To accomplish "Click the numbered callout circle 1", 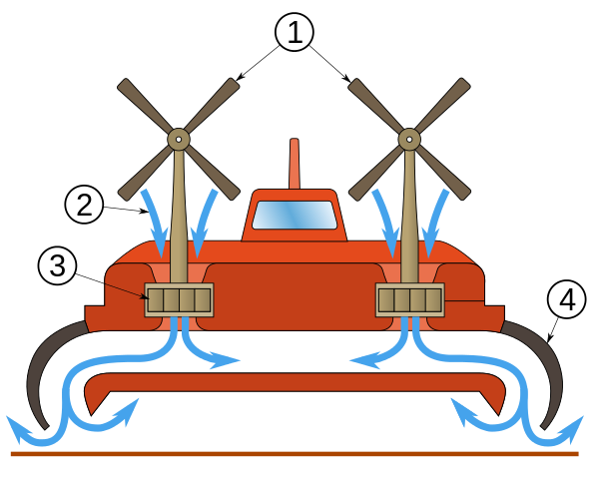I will click(295, 32).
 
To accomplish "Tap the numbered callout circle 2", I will click(84, 205).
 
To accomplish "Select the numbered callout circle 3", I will click(57, 265).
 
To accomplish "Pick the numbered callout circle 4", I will click(566, 299).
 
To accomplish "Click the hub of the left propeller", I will click(179, 139).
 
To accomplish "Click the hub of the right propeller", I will click(409, 139).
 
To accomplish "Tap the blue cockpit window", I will click(295, 215).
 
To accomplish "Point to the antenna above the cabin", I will click(295, 163).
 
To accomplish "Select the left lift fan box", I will click(179, 299).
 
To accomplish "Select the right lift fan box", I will click(409, 299).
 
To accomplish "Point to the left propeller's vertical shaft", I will click(179, 220).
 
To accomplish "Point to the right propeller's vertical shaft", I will click(409, 220).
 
